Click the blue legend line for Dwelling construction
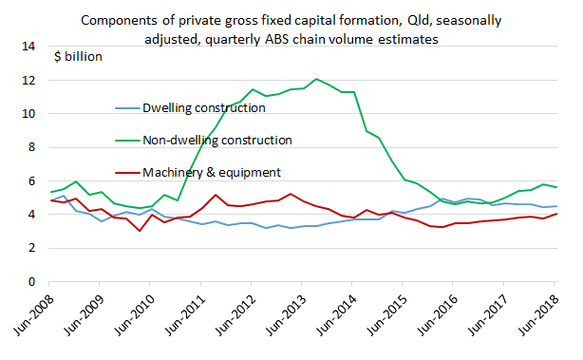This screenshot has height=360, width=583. (x=125, y=108)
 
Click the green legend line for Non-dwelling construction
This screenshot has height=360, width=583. (x=125, y=140)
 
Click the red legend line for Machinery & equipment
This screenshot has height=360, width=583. (x=125, y=172)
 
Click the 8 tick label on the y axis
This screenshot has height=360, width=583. (x=31, y=147)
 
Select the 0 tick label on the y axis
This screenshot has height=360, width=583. (x=31, y=281)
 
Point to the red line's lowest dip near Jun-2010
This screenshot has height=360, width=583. (x=140, y=231)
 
